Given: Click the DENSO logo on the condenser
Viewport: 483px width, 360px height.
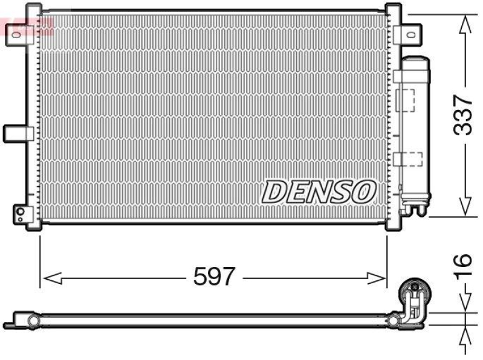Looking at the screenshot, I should click(319, 192).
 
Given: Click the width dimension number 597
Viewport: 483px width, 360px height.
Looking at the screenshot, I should click(213, 277).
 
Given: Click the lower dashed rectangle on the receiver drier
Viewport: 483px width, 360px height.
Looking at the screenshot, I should click(409, 159).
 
